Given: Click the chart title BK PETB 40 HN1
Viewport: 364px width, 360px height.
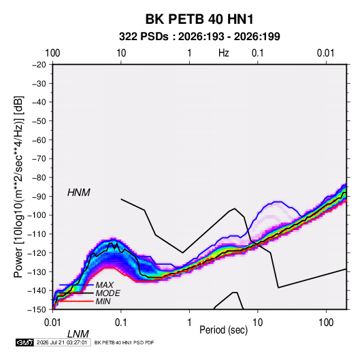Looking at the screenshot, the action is point(199,19).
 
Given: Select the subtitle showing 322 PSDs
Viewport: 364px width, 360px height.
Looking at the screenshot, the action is point(199,37).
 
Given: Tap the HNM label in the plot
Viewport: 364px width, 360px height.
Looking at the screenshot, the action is point(79,193).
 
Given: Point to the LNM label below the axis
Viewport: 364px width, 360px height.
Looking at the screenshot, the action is point(78,334).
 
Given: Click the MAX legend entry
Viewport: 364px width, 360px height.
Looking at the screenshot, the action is point(105,284).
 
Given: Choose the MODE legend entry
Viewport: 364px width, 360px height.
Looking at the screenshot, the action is point(107,293).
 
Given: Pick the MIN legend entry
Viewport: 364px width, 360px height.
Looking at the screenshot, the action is point(103,301).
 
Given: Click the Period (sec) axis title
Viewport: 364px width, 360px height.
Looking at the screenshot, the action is point(224,330).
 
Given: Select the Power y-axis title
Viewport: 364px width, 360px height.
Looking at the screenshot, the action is point(18,187).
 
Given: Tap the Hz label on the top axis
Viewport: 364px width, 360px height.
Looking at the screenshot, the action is point(224,53).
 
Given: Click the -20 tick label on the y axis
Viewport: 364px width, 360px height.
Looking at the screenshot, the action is point(39,65).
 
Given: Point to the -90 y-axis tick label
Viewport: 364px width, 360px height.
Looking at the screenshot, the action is point(39,196).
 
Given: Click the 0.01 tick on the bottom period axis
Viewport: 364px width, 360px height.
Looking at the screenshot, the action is point(52,322).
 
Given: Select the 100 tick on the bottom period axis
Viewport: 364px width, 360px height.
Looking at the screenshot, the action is point(326,322).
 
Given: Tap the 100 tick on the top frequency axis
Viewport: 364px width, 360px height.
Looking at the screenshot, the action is point(52,53).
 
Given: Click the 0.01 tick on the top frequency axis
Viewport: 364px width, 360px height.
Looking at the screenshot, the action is point(326,53).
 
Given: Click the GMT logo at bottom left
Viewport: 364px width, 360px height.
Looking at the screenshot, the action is point(25,342).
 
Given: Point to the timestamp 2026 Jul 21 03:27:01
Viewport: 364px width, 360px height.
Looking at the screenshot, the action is point(62,342).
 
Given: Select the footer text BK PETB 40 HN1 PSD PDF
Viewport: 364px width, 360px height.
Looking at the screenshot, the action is point(125,342).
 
